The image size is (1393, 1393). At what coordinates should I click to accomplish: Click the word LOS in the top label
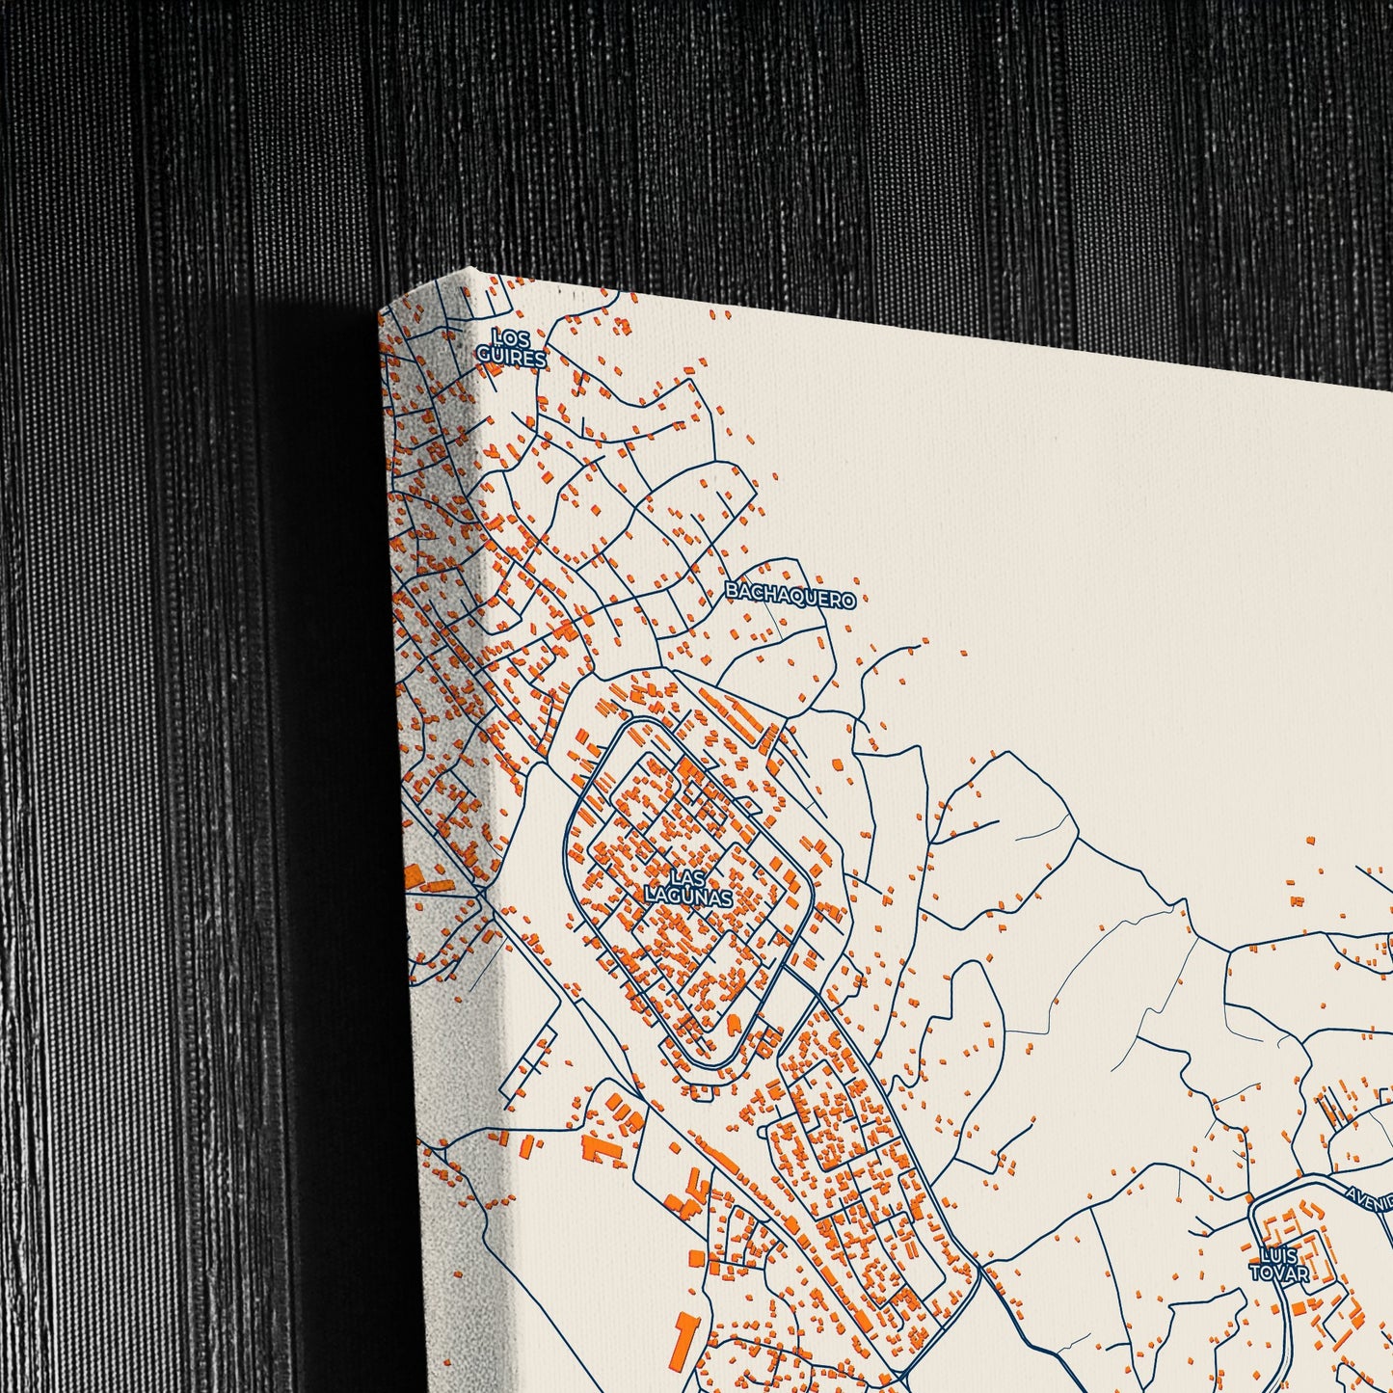tap(510, 338)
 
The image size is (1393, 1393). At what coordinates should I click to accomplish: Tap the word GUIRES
tap(511, 358)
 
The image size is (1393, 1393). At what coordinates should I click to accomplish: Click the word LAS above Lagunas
tap(687, 878)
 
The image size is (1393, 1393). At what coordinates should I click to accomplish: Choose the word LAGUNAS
tap(689, 897)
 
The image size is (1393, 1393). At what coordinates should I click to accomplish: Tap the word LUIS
tap(1278, 1255)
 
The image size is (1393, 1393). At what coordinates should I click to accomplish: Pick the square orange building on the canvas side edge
tap(414, 878)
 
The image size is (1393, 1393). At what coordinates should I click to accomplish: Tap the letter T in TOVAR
tap(1256, 1273)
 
